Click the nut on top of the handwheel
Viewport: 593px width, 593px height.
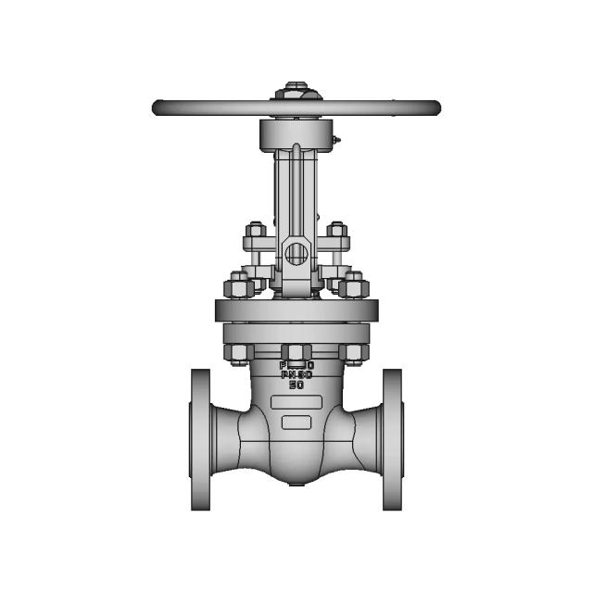click(296, 91)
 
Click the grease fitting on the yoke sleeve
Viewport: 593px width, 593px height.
click(336, 142)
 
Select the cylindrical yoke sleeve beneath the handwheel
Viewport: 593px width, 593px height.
click(296, 135)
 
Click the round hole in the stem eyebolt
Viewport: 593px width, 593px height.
click(296, 252)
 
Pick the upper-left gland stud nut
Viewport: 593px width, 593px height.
click(256, 230)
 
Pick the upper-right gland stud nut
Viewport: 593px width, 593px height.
click(337, 230)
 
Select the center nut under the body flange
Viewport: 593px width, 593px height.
click(296, 352)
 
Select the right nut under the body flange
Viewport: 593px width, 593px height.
click(354, 352)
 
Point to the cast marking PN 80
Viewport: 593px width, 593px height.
click(296, 374)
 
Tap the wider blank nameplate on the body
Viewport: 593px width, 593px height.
click(296, 403)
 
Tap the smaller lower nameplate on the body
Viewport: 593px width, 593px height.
click(296, 423)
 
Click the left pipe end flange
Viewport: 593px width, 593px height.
click(201, 439)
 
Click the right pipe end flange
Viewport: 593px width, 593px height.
click(392, 439)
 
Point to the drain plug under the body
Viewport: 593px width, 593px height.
click(296, 484)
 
